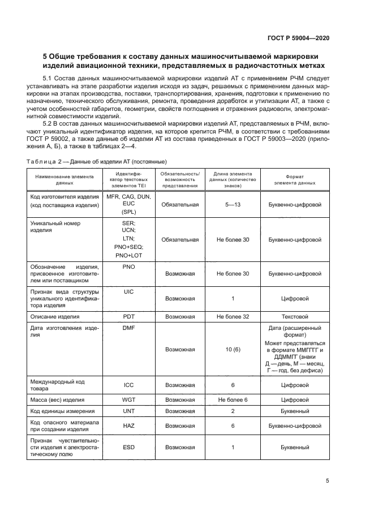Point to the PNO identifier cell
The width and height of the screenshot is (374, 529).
(x=128, y=266)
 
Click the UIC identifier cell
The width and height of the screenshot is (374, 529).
(x=128, y=291)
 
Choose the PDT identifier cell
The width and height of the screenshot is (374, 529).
(x=128, y=317)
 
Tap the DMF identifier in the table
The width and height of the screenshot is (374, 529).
(x=128, y=328)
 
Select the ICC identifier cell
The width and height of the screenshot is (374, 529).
(x=128, y=385)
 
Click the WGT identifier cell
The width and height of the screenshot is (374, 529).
(x=128, y=399)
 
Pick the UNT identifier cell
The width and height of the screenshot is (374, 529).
(x=128, y=411)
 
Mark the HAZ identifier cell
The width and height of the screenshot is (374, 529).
(x=128, y=426)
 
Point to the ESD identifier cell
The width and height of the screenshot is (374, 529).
(x=128, y=448)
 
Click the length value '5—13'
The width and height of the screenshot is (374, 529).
(x=233, y=205)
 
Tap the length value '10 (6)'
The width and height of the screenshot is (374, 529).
(x=233, y=350)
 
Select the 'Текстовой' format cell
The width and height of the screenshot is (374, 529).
(x=295, y=317)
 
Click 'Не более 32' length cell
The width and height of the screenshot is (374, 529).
(x=233, y=317)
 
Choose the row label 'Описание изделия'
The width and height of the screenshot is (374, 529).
(x=55, y=317)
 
